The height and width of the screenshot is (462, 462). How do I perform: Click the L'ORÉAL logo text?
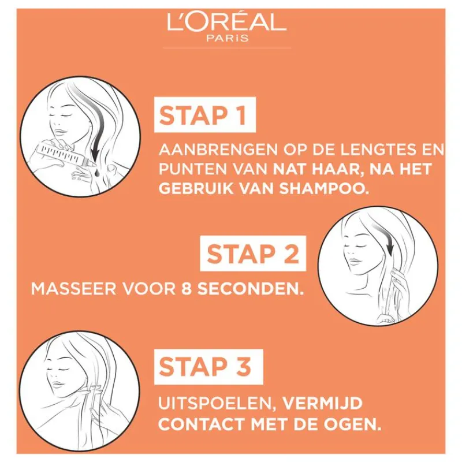pyautogui.click(x=226, y=21)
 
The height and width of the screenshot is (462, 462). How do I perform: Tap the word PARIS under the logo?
pyautogui.click(x=227, y=38)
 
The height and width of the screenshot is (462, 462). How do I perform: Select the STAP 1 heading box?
pyautogui.click(x=205, y=115)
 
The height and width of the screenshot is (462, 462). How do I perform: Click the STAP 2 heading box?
pyautogui.click(x=253, y=254)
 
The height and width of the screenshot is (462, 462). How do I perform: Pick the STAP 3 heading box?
pyautogui.click(x=208, y=367)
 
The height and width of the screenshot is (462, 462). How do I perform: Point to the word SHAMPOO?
pyautogui.click(x=324, y=189)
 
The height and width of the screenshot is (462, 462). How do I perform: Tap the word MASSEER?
pyautogui.click(x=74, y=289)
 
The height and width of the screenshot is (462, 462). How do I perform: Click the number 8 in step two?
pyautogui.click(x=185, y=289)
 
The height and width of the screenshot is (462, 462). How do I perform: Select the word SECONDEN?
pyautogui.click(x=250, y=289)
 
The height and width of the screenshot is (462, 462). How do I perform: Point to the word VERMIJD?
pyautogui.click(x=322, y=403)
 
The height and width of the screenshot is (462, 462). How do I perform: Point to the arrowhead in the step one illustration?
pyautogui.click(x=95, y=153)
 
